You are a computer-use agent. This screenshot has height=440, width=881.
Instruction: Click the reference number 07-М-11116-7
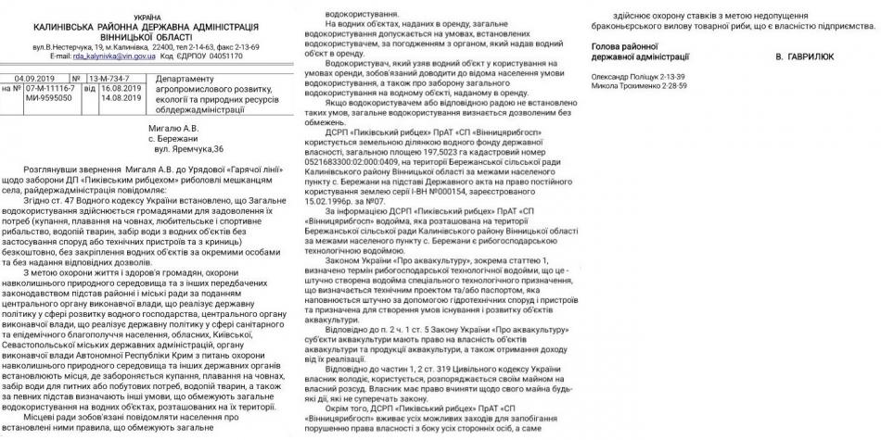coord(45,88)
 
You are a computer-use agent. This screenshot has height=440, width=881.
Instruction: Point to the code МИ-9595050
coord(39,96)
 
